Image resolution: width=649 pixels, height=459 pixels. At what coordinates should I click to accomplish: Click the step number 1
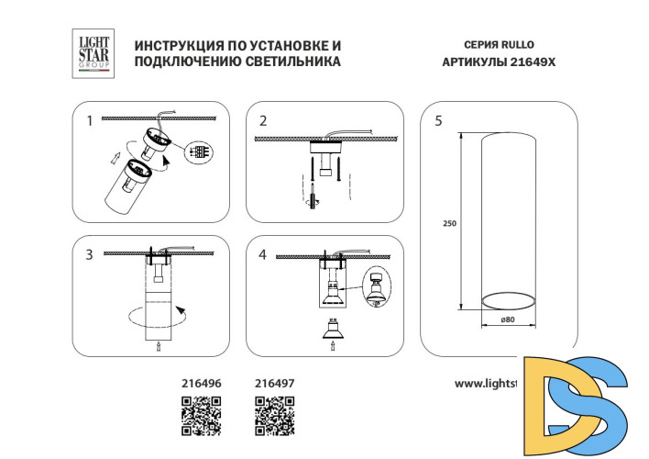(89, 120)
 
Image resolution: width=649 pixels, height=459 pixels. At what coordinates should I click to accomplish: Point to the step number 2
(263, 120)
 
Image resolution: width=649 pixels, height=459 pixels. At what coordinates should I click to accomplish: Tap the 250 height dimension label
(449, 224)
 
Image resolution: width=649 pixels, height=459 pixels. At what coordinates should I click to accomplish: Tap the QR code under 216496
(201, 415)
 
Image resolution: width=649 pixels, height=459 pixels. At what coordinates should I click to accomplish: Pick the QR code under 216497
(273, 415)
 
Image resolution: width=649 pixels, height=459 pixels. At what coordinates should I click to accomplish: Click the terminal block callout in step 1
(197, 153)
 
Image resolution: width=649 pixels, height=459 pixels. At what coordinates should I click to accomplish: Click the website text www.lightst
(486, 384)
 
